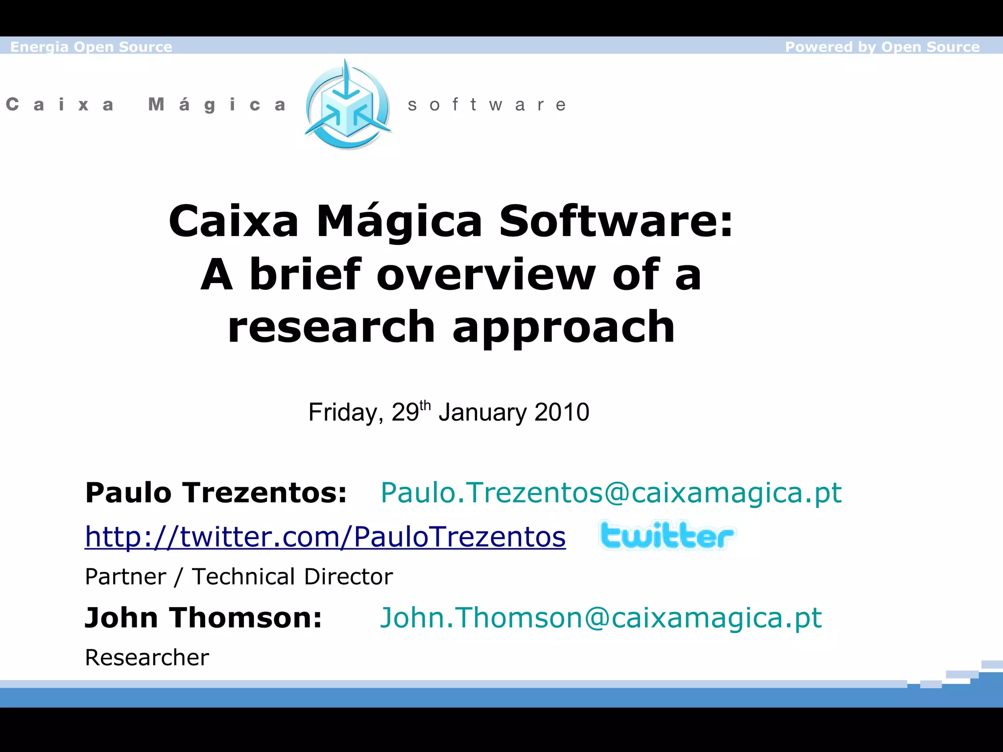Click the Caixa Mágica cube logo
347,105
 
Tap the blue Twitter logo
667,536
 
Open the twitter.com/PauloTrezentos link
325,537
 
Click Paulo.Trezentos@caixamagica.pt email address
611,493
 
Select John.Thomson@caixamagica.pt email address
600,618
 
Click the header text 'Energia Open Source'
91,47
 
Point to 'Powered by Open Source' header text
882,47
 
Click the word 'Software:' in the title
616,221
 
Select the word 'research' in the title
331,327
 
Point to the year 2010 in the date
562,412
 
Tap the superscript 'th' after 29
425,405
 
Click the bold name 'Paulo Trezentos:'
216,493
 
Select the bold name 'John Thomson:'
203,618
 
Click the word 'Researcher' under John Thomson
147,658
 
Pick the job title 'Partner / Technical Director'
239,577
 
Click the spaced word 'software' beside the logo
487,105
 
